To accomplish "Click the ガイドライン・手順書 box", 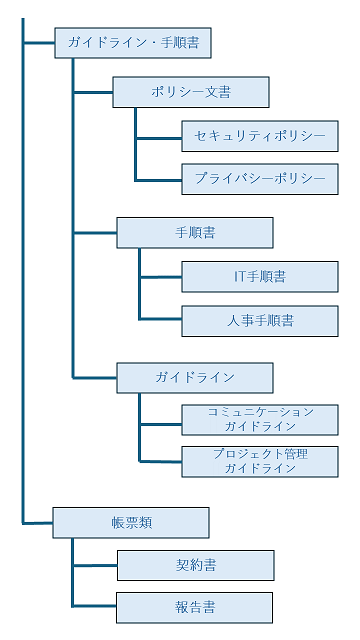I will [132, 43].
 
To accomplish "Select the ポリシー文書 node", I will [191, 92].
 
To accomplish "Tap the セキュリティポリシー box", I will [260, 136].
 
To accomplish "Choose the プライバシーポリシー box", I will [260, 179].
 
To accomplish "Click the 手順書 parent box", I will [195, 233].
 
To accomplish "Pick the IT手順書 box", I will [260, 276].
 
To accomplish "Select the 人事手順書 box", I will [260, 320].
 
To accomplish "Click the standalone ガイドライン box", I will [195, 377].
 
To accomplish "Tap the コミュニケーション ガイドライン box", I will [260, 418].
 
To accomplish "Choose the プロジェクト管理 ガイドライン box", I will [260, 460].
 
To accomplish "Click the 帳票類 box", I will [131, 522].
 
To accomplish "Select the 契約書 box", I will [195, 565].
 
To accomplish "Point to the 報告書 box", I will [195, 607].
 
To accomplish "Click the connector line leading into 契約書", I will [95, 565].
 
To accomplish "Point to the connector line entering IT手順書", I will [161, 277].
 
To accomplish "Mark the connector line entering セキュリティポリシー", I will [159, 137].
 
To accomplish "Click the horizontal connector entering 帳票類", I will [38, 522].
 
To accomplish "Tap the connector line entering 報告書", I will [95, 607].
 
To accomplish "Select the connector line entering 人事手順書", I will [161, 320].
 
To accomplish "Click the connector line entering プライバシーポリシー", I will [159, 180].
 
